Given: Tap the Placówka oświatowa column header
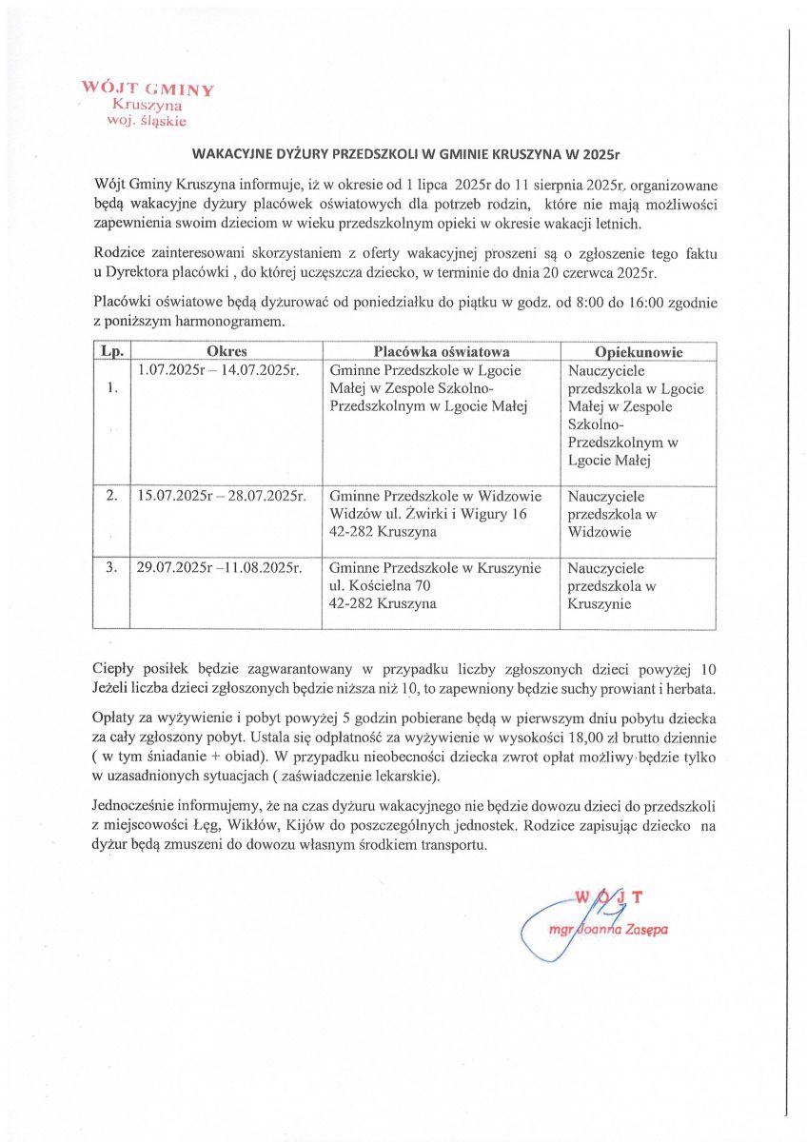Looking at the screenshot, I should click(x=442, y=352).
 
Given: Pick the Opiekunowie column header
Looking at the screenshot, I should click(x=639, y=352).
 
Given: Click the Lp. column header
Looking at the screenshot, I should click(x=111, y=352).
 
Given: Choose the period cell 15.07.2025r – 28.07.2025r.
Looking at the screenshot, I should click(x=221, y=496).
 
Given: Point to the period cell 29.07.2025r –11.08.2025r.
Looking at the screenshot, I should click(x=220, y=568).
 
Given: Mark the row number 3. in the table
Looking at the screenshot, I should click(x=111, y=568).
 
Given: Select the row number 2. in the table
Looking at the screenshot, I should click(x=111, y=496).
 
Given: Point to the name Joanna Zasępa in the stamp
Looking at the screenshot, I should click(x=621, y=930).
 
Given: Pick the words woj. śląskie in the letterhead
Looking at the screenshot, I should click(x=150, y=121).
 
